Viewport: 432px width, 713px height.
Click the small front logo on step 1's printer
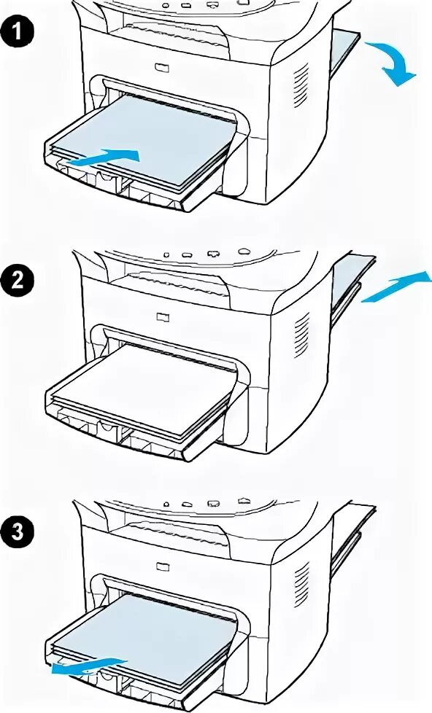[x=161, y=67]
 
